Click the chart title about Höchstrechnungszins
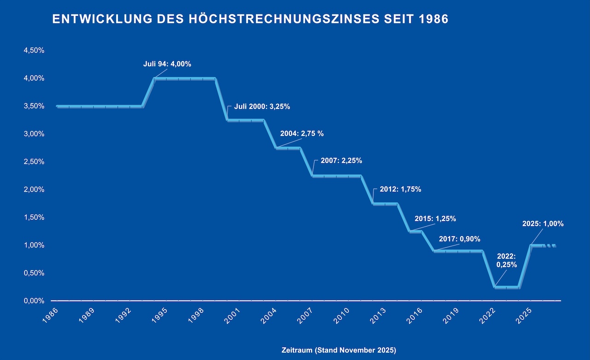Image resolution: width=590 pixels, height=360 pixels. [x=250, y=19]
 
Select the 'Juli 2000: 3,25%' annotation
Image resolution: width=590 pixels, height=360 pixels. [x=262, y=106]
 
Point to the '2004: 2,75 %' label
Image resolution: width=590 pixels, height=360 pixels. [x=302, y=134]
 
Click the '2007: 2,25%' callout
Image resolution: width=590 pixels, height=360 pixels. [x=341, y=161]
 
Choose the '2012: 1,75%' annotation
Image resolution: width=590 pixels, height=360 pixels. [x=400, y=189]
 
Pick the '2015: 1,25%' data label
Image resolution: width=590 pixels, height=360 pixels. [x=435, y=218]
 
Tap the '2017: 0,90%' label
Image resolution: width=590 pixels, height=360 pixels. [x=460, y=239]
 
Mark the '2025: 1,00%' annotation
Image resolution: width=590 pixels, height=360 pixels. [x=543, y=224]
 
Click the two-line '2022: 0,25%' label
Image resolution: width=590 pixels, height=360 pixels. [x=507, y=260]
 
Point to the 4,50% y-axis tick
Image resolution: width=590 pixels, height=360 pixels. [x=34, y=51]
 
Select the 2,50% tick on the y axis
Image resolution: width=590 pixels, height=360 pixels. [x=34, y=162]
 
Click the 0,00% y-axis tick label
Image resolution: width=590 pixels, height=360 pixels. [x=34, y=301]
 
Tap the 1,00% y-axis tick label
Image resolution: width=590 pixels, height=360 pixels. [x=34, y=245]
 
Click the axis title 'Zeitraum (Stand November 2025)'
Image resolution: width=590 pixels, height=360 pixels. [x=339, y=350]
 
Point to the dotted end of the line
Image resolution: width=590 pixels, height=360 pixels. [x=550, y=246]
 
